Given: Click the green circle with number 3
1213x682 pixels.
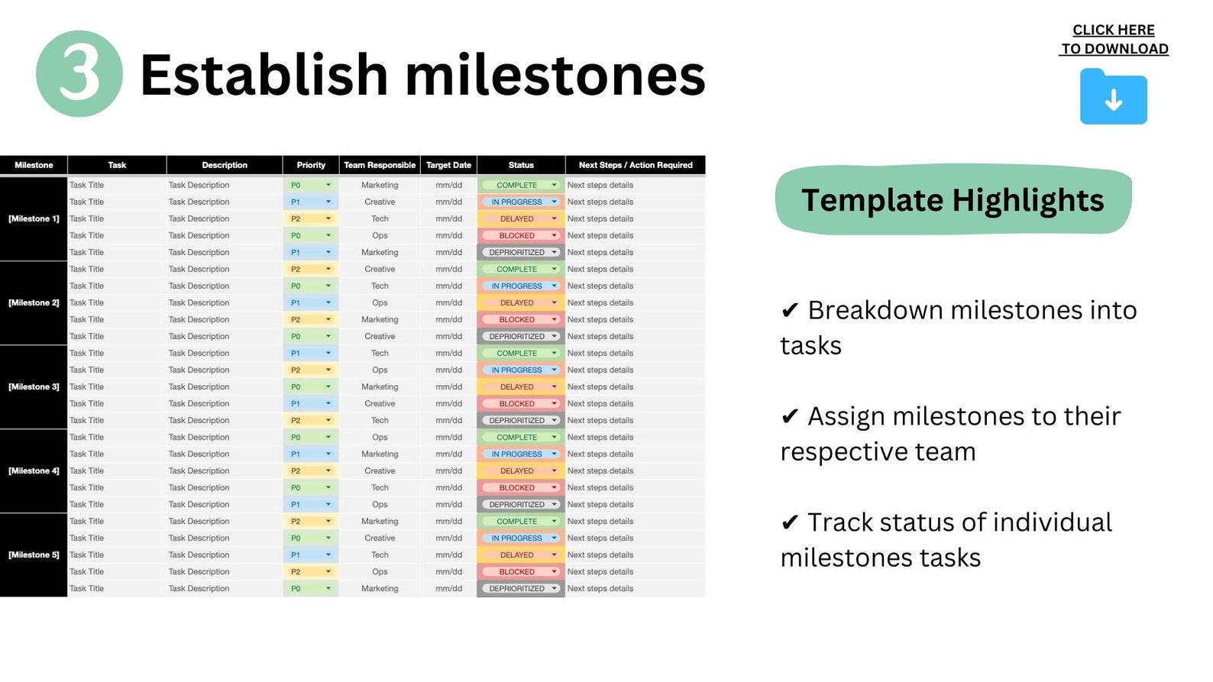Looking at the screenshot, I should (x=79, y=73).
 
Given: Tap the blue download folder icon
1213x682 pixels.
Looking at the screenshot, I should (x=1113, y=98).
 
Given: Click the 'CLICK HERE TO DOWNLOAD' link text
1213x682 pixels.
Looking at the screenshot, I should (x=1114, y=39).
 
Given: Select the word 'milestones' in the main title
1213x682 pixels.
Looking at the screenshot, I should (x=555, y=75).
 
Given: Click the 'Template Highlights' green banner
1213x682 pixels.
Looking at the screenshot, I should (x=953, y=200).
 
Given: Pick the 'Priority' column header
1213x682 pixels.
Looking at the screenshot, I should (x=311, y=165).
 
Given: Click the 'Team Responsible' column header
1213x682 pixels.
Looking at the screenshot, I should (x=380, y=165).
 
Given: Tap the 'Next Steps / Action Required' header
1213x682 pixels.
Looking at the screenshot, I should (x=635, y=165).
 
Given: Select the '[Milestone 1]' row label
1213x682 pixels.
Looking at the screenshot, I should (x=34, y=218).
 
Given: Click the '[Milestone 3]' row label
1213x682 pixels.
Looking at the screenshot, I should (x=34, y=386).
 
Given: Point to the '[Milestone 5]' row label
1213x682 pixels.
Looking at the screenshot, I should (x=34, y=554).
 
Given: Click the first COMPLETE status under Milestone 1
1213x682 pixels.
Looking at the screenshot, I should (x=518, y=185).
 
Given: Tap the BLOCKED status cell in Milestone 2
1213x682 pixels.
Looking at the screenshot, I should (x=518, y=319).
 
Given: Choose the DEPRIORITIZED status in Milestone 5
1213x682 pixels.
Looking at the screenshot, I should (x=518, y=588).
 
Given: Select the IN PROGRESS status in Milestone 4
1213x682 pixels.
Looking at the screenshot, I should (x=518, y=454).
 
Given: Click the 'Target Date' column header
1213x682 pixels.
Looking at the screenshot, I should (x=448, y=165).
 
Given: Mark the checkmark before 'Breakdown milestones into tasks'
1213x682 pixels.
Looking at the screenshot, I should (x=790, y=311).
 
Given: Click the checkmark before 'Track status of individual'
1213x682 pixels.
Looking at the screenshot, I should (x=790, y=523).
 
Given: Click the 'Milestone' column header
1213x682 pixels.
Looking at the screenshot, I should (x=34, y=165).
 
